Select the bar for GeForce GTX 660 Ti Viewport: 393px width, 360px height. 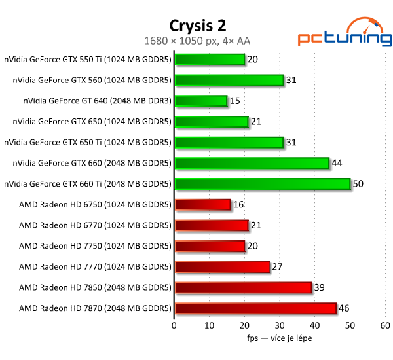click(263, 184)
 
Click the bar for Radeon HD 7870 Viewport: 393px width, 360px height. click(255, 308)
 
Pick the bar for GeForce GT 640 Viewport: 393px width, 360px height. click(201, 101)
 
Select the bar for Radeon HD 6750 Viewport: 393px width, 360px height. click(203, 205)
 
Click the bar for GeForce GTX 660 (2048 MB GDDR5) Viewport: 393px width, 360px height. click(252, 163)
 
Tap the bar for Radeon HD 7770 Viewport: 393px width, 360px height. click(222, 267)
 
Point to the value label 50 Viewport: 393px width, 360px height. click(358, 184)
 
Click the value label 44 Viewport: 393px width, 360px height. click(337, 163)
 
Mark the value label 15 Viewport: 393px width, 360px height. click(234, 101)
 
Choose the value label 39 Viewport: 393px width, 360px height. click(319, 287)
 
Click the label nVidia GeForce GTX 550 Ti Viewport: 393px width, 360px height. click(88, 60)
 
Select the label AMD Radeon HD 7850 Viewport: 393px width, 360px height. click(95, 287)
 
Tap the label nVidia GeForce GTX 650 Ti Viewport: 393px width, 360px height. click(88, 143)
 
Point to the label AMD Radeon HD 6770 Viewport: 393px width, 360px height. click(95, 225)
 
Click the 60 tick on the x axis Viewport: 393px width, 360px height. click(385, 325)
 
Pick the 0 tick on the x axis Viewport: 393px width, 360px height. click(174, 325)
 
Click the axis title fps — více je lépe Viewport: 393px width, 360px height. click(280, 338)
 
